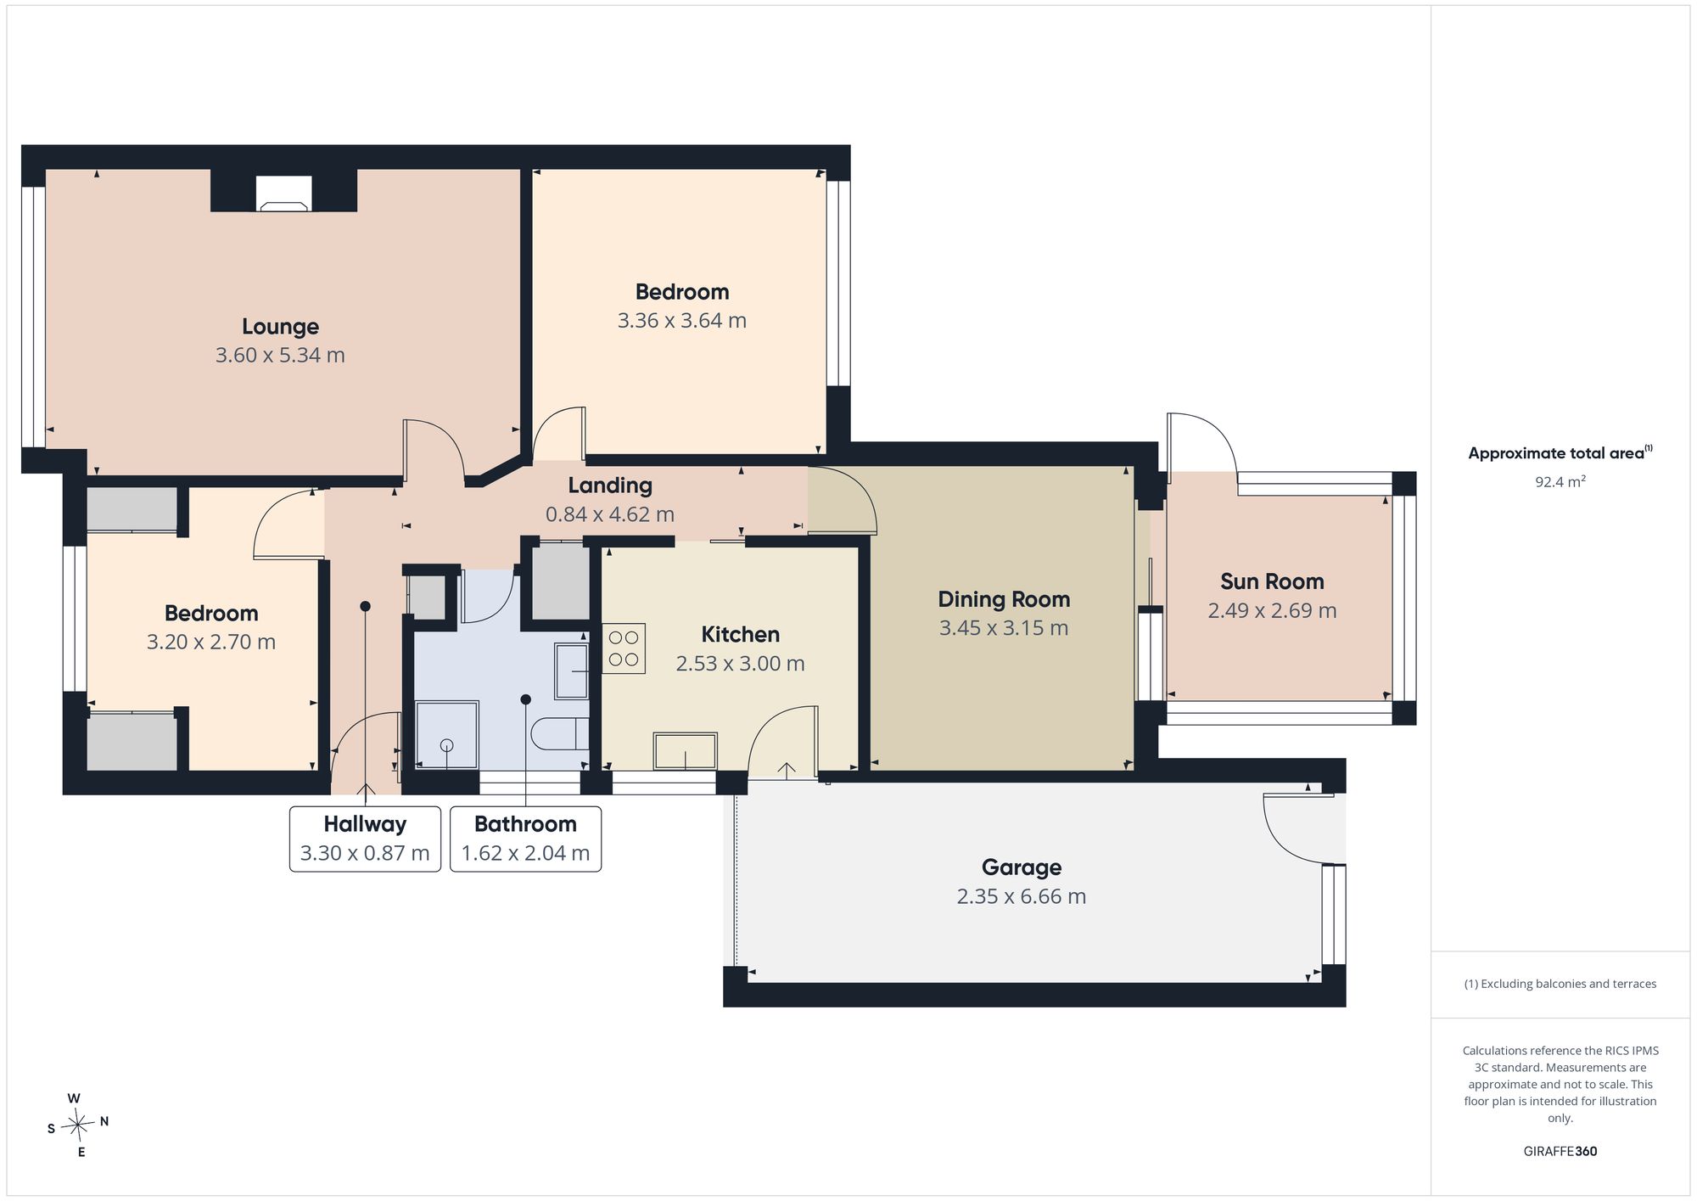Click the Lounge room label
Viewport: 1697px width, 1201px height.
(280, 326)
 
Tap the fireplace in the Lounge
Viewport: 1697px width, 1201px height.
(283, 194)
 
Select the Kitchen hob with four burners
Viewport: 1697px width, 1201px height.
(624, 648)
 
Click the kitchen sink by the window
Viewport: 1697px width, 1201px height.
(685, 750)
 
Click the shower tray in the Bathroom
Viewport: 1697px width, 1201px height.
(446, 734)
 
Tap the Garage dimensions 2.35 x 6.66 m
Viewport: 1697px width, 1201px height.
(1021, 896)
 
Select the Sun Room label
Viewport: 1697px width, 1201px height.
(1272, 581)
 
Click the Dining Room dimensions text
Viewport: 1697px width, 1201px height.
(1003, 628)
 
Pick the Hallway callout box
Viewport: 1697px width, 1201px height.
(365, 839)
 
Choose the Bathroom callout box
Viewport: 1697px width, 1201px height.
(525, 839)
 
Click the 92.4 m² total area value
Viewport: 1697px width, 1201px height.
(1560, 482)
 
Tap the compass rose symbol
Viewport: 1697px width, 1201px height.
(77, 1125)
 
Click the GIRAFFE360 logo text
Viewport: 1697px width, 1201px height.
(1560, 1152)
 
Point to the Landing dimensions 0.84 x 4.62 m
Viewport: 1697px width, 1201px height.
(609, 514)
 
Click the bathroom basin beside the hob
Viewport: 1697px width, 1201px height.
(571, 671)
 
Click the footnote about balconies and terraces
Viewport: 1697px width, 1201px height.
(1560, 984)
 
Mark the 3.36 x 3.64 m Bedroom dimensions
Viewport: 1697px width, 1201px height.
(681, 321)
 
